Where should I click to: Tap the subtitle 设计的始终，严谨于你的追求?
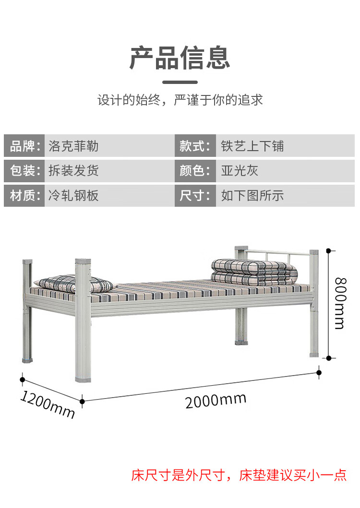[180, 100]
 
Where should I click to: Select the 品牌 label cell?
[24, 146]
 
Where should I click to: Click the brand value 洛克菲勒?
[73, 146]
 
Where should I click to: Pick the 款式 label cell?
[195, 146]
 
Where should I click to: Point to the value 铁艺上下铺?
[252, 146]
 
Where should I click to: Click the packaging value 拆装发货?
[73, 170]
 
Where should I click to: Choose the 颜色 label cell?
[195, 170]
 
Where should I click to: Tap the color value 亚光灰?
[240, 170]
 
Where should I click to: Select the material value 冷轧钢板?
[73, 195]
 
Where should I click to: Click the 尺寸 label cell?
[195, 195]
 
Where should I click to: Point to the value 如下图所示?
[252, 195]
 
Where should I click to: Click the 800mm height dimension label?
[340, 303]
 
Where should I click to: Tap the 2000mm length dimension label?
[216, 401]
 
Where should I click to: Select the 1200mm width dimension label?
[48, 405]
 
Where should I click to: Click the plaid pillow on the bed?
[74, 284]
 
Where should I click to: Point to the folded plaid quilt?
[254, 272]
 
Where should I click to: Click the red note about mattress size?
[239, 475]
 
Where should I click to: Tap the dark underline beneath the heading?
[180, 82]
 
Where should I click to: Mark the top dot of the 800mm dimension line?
[328, 251]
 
